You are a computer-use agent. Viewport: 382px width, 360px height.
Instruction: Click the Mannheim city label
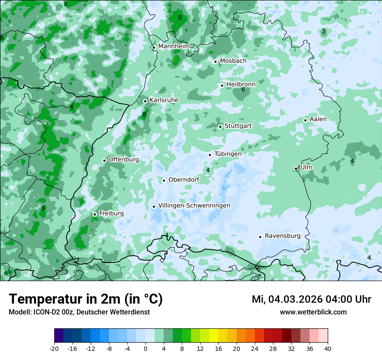pos(174,46)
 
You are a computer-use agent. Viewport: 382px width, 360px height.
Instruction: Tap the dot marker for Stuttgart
pos(220,127)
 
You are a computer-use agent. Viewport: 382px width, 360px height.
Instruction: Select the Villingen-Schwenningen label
pos(194,206)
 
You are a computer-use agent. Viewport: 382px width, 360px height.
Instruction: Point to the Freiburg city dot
pos(95,214)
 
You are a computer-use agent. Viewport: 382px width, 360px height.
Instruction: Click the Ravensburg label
pos(283,236)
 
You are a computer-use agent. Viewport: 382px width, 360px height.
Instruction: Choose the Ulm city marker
pos(296,168)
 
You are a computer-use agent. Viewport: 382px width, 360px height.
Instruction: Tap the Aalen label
pos(318,119)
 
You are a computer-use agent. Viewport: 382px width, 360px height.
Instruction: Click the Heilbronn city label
pos(241,84)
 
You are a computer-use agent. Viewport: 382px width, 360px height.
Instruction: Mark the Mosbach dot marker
pos(215,62)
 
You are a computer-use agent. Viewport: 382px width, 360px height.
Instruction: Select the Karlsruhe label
pos(164,100)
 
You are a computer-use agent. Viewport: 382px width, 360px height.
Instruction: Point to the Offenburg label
pos(124,160)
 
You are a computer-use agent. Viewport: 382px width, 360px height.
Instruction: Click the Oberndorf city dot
pos(164,180)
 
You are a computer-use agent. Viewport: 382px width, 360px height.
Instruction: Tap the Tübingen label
pos(228,154)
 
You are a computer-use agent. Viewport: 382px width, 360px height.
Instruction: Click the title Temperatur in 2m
pos(86,299)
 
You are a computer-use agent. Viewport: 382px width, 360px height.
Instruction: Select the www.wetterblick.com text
pos(313,312)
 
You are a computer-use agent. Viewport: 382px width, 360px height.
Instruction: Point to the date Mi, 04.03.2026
pos(286,299)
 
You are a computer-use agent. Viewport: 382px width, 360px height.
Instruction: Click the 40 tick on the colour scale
pos(327,348)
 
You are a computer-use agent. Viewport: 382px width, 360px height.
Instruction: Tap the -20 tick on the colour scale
pos(54,348)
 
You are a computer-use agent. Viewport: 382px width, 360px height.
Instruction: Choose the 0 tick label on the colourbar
pos(145,348)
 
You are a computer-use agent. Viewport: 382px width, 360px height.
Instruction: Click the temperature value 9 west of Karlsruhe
pos(72,107)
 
